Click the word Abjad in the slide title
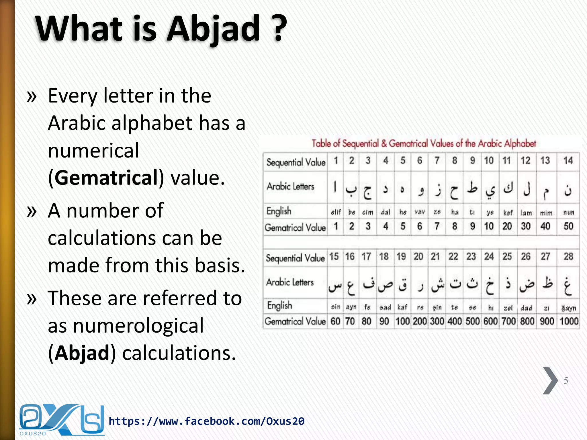coord(214,29)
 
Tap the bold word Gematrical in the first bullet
coord(106,178)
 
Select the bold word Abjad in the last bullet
coord(82,353)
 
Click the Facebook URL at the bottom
coord(206,421)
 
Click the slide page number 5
coord(566,380)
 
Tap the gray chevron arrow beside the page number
coord(550,380)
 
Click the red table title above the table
coord(424,143)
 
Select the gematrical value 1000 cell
coord(569,321)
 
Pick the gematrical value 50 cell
coord(568,226)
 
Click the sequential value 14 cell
coord(568,161)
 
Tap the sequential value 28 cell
coord(568,256)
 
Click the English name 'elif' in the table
coord(336,212)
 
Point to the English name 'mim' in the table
coord(546,213)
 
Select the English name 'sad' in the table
coord(385,308)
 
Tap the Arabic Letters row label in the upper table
coord(290,186)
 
